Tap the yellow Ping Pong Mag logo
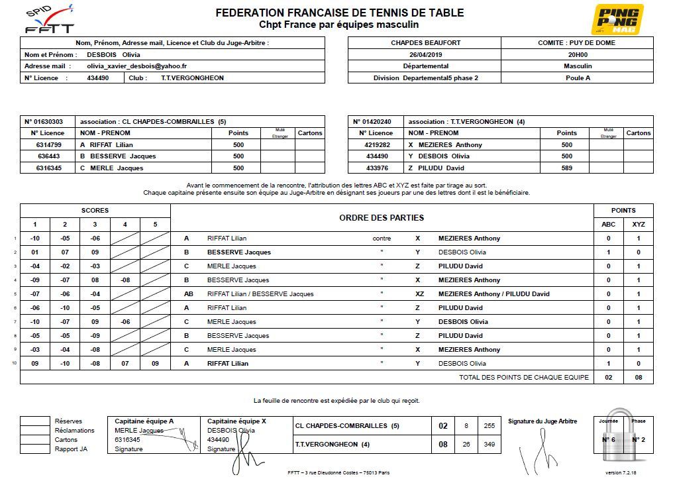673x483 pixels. point(621,19)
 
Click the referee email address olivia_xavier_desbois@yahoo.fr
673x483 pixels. point(136,66)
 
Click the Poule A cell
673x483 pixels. point(578,78)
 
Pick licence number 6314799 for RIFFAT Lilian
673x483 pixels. point(48,145)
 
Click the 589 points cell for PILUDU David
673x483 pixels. point(566,168)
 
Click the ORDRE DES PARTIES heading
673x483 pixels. point(382,218)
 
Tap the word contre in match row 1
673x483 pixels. point(382,239)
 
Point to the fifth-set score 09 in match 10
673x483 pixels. point(155,364)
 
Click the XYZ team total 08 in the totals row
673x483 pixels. point(638,378)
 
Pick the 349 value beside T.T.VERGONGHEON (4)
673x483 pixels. point(490,445)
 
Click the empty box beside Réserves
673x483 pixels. point(34,421)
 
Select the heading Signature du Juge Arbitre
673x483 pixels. point(542,421)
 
